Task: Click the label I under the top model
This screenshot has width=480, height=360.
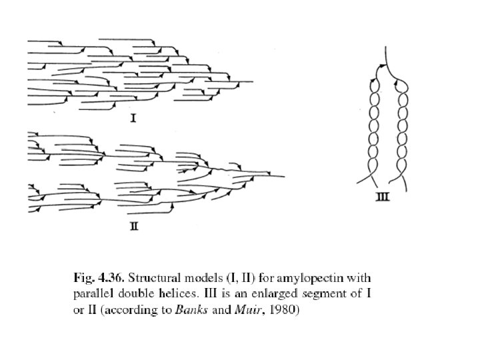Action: (x=133, y=119)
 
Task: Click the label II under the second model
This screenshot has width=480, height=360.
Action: (x=133, y=227)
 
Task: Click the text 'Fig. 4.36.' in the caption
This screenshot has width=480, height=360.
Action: (x=92, y=277)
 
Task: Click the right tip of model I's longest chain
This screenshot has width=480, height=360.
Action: (x=253, y=82)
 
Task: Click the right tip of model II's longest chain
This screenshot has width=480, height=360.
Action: (x=284, y=176)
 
